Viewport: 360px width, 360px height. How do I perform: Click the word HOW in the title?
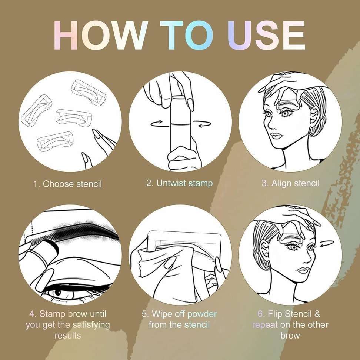tap(100, 35)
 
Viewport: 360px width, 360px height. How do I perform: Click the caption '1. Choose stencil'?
tap(67, 184)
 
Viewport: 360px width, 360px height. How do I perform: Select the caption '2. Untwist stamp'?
tap(179, 183)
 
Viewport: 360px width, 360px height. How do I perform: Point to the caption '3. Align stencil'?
tap(290, 183)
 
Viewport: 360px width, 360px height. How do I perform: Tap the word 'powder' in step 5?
tap(202, 314)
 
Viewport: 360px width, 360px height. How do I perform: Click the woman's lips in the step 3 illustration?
tap(276, 135)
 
